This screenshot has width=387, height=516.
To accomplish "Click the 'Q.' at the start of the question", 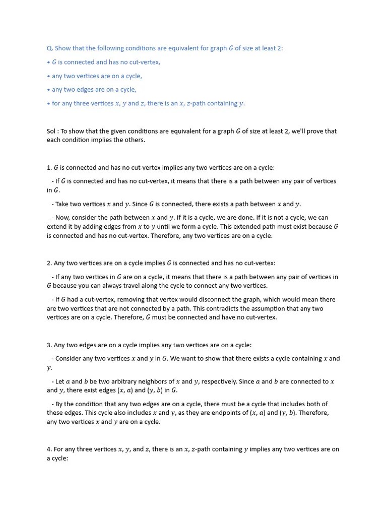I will [x=50, y=48].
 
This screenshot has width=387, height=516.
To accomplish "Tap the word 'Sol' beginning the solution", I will [x=51, y=131].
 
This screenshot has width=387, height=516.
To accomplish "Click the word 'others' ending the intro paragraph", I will [x=134, y=140].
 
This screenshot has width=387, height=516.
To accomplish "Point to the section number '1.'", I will [x=49, y=167].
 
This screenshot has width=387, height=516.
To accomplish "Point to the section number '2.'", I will [x=49, y=263].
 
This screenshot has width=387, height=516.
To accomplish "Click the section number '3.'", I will [x=49, y=345].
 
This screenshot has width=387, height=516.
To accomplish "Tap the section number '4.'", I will [x=49, y=449].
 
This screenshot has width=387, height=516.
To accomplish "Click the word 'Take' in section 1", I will [x=62, y=204].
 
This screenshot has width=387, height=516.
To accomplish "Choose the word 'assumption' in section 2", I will [x=285, y=308].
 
